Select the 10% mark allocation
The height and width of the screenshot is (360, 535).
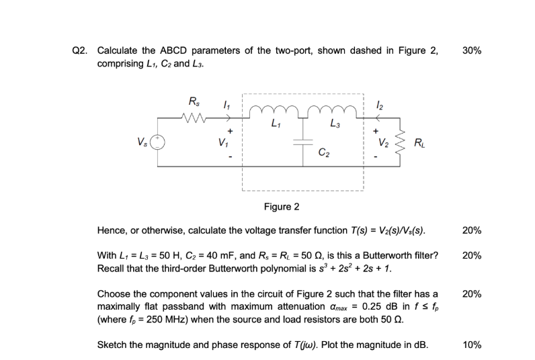point(472,345)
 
